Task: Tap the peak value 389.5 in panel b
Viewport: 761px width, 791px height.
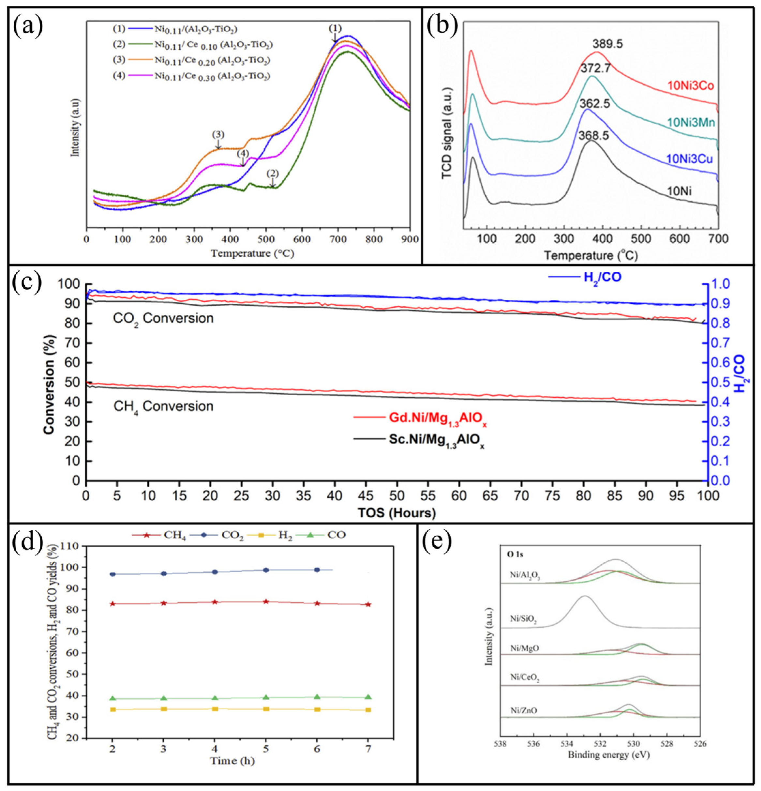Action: click(x=607, y=44)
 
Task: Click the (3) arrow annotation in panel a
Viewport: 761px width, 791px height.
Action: click(x=218, y=134)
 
